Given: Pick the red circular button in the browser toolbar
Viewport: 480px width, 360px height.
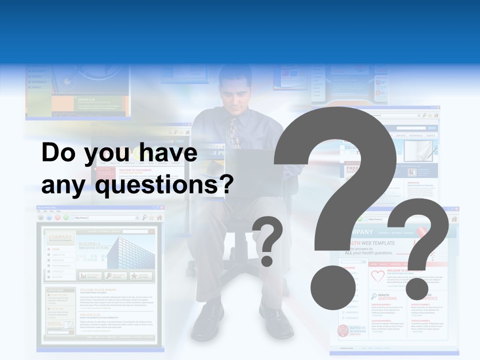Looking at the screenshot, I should pyautogui.click(x=57, y=218).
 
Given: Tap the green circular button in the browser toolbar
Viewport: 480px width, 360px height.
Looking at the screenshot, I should pyautogui.click(x=66, y=218).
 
